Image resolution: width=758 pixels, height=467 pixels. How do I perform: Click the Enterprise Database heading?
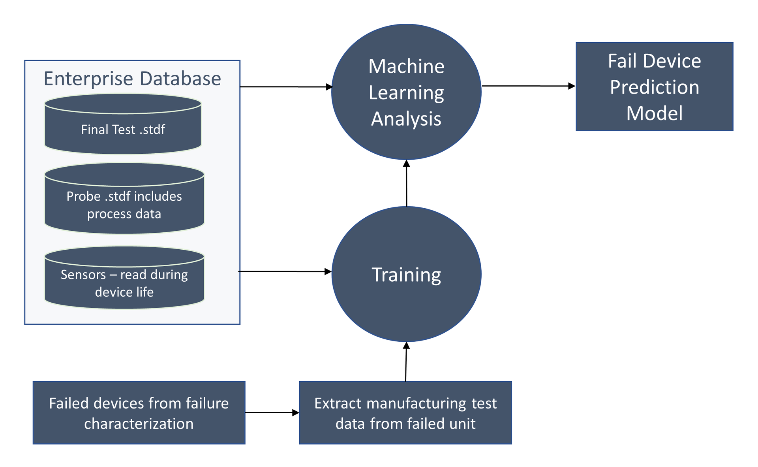point(132,78)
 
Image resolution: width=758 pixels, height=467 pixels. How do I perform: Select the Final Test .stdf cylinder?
point(123,124)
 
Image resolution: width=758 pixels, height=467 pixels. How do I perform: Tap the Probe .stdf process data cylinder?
point(124,199)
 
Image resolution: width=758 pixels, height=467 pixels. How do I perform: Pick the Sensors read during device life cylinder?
point(124,278)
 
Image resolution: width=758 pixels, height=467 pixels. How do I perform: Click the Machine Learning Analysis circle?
point(406,92)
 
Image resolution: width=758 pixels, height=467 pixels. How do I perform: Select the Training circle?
point(406,274)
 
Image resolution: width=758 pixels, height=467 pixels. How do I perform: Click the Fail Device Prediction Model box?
point(655,87)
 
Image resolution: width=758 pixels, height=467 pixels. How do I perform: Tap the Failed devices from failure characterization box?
point(139,413)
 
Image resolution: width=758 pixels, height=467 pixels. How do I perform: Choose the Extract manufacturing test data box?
point(405,413)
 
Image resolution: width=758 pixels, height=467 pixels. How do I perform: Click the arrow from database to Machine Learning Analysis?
point(287,87)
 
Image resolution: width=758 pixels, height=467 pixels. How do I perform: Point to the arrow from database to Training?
point(285,271)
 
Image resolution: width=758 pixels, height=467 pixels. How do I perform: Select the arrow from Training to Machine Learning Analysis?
point(407,183)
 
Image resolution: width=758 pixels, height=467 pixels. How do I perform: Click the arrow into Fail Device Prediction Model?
point(529,86)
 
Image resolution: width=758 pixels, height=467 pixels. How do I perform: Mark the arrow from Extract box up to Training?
point(406,362)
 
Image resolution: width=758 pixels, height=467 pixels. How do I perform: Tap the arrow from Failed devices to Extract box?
point(272,413)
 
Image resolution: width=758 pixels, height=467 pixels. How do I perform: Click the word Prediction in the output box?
point(655,87)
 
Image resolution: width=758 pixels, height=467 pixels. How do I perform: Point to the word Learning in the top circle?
point(406,93)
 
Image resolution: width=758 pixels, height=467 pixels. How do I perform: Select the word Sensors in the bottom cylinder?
point(83,275)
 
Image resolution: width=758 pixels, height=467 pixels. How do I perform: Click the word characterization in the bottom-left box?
point(139,424)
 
